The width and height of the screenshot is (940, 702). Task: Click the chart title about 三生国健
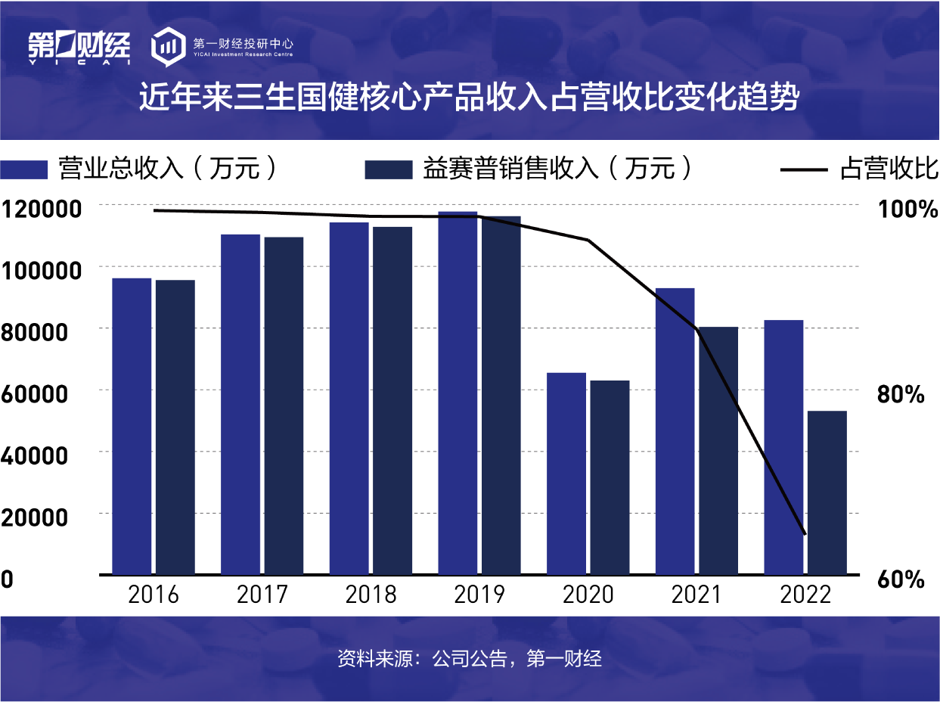click(x=469, y=99)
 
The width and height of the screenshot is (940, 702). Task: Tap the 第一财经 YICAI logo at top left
click(x=79, y=48)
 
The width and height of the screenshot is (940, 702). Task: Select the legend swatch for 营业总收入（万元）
click(x=23, y=169)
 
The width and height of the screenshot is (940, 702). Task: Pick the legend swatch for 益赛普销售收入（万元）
click(x=388, y=169)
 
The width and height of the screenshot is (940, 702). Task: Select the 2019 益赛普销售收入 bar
click(x=501, y=395)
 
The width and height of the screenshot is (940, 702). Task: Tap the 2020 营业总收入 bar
click(x=566, y=473)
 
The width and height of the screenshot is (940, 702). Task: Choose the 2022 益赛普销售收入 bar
click(x=827, y=492)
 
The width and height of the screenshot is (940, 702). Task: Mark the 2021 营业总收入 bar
click(x=675, y=430)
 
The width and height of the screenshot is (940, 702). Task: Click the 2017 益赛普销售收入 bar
click(x=284, y=405)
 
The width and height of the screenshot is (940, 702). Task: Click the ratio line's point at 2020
click(x=588, y=241)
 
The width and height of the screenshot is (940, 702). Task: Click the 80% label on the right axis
click(x=901, y=394)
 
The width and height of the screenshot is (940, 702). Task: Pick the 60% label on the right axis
click(x=901, y=580)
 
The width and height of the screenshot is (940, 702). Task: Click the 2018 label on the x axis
click(x=371, y=595)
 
